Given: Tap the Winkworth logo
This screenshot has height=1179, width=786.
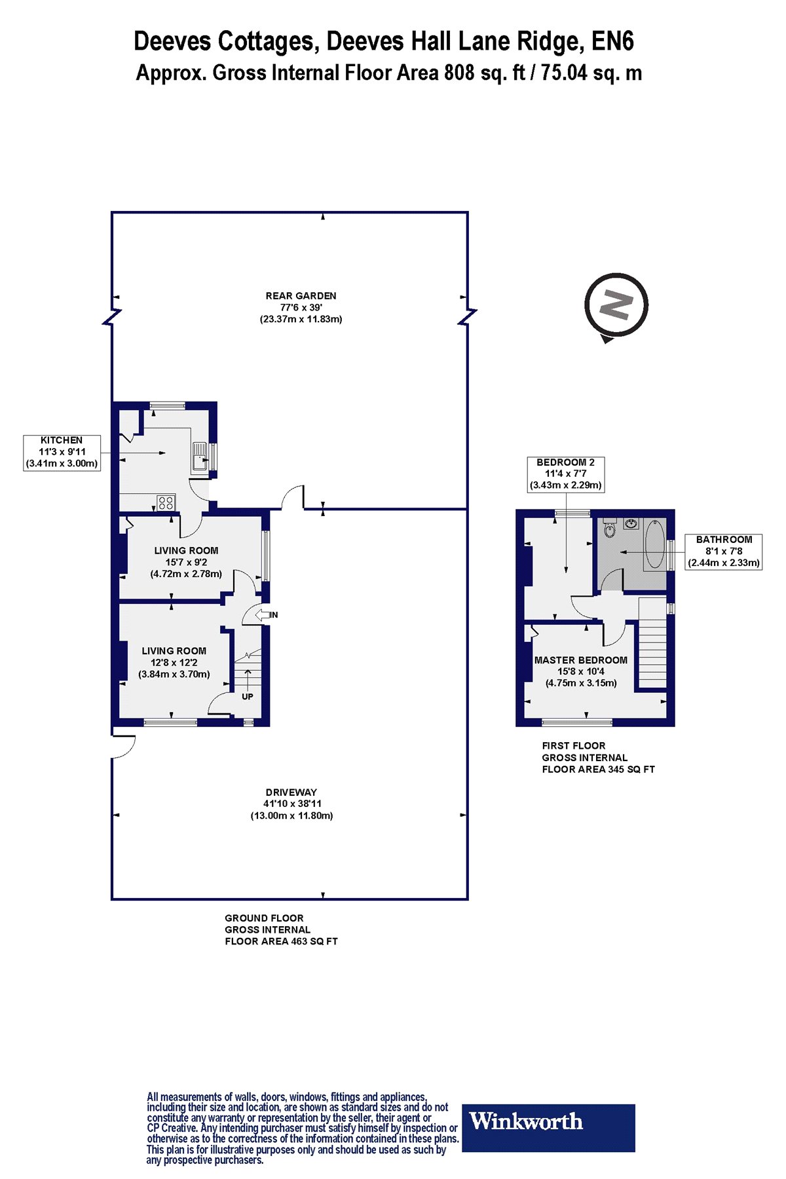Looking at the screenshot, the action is click(x=549, y=1128).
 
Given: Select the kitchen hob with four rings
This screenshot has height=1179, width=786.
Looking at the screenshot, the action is click(x=166, y=503).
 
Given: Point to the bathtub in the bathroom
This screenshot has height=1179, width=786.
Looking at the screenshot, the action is click(x=654, y=544).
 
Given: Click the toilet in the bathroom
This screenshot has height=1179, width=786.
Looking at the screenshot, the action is click(x=610, y=528).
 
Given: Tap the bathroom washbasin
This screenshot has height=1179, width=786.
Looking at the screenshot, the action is click(x=631, y=523).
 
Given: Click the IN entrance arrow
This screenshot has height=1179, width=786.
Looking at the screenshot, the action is click(x=266, y=614).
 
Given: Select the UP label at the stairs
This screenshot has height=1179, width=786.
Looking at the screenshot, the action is click(x=247, y=696).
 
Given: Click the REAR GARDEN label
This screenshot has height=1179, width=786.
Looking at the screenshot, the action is click(x=301, y=296).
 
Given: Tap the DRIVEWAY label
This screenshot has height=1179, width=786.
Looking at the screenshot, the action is click(x=291, y=792).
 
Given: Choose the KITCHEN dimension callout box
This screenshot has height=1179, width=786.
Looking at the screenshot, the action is click(x=62, y=452).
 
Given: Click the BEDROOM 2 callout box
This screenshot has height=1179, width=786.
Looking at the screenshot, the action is click(x=566, y=474).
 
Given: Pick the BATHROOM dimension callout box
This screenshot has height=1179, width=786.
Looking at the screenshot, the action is click(x=724, y=552).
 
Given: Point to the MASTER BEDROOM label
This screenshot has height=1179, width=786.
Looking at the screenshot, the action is click(x=581, y=660).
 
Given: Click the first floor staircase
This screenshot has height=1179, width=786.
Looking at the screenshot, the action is click(x=652, y=642).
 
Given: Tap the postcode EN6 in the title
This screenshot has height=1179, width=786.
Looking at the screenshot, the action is click(x=612, y=42).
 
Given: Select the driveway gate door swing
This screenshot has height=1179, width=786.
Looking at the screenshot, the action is click(x=124, y=747).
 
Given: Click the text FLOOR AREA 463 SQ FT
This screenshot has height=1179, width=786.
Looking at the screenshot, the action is click(x=281, y=941).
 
